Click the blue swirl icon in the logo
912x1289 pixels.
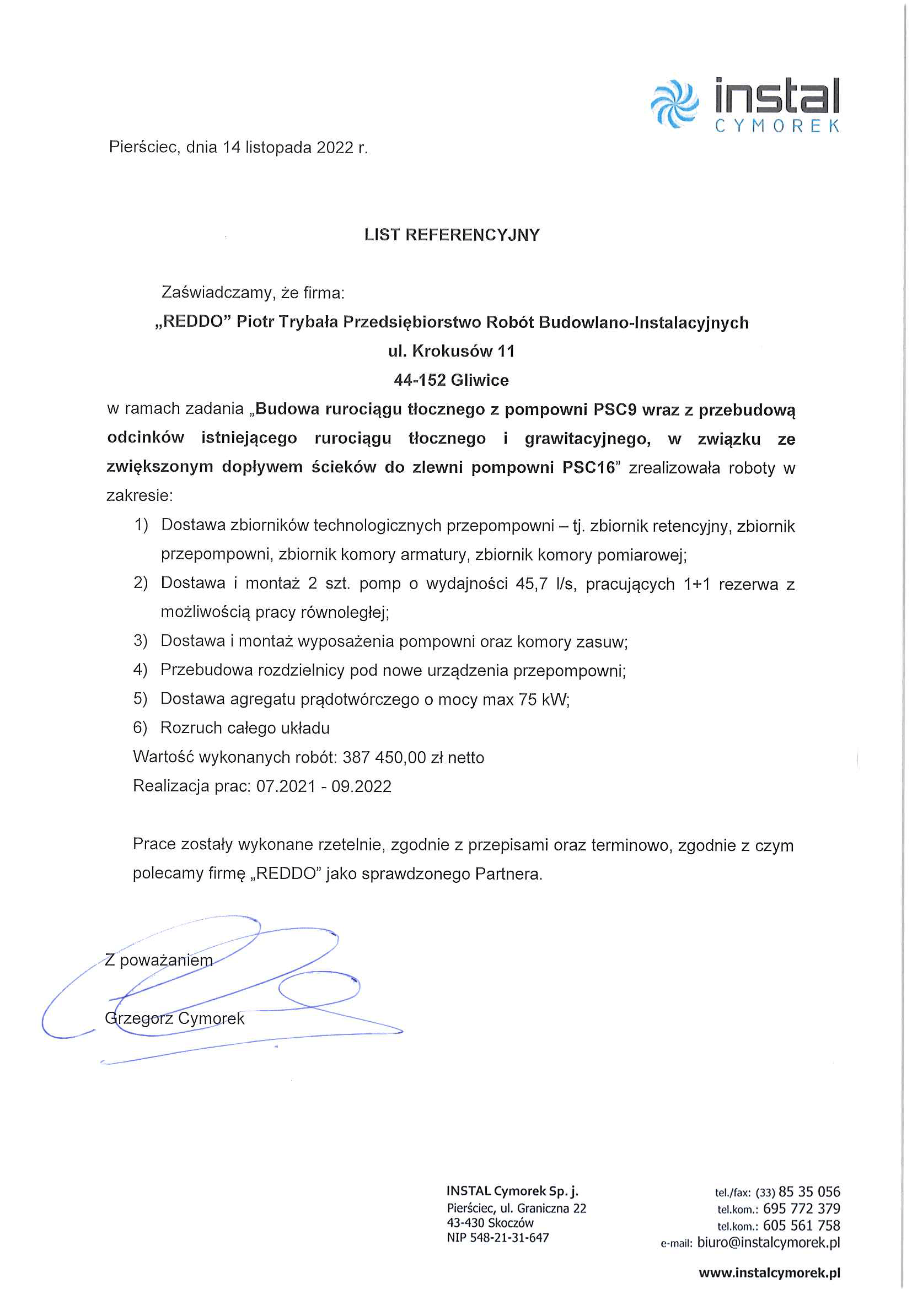674,104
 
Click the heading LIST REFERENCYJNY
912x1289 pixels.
452,235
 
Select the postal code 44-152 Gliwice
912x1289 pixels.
452,380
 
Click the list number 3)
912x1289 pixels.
141,640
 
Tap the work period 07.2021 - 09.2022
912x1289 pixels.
324,786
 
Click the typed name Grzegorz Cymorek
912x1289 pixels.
175,1018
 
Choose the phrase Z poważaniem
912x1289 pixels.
159,960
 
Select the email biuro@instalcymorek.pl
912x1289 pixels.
768,1242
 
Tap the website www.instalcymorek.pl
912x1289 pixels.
769,1272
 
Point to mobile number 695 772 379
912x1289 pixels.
801,1208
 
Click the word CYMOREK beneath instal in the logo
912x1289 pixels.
777,126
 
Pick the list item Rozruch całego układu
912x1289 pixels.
245,728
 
